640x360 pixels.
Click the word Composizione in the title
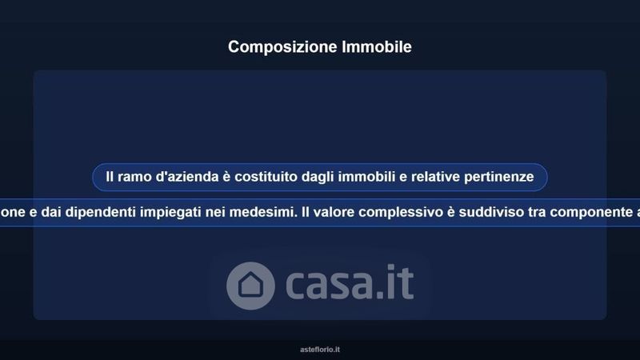coord(282,47)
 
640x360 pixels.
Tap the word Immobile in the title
coord(377,46)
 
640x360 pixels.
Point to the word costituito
coord(266,176)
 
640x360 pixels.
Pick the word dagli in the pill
coord(318,177)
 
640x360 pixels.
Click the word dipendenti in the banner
coord(101,212)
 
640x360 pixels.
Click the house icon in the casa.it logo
coord(250,286)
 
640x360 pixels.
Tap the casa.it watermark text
coord(350,282)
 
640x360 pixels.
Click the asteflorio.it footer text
coord(320,350)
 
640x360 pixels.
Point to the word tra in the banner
coord(537,212)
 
